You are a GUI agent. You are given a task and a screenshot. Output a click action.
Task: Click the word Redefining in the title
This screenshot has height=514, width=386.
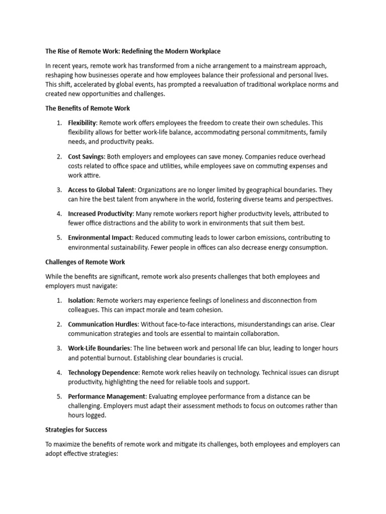(149, 51)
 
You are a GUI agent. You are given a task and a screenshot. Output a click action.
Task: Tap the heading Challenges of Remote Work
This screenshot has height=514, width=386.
(85, 262)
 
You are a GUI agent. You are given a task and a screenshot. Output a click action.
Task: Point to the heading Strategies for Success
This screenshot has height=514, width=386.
(76, 430)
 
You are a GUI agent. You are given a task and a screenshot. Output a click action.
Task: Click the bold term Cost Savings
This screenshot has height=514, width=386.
(86, 157)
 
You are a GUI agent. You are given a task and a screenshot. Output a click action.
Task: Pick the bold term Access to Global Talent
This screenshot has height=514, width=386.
(101, 190)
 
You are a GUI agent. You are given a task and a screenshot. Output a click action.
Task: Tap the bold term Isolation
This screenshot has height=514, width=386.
(81, 300)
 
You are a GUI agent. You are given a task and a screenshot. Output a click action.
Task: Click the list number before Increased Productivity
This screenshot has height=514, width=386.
(59, 214)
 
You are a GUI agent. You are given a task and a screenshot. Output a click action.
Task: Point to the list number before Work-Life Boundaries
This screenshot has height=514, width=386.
(59, 348)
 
